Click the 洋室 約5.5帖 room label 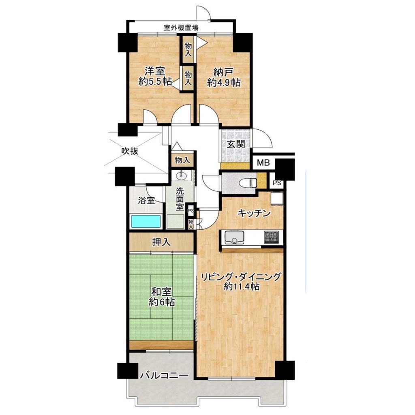tap(155, 76)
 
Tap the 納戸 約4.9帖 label tap(224, 77)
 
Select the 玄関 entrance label tap(236, 144)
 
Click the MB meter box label tap(263, 162)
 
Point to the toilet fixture tap(248, 183)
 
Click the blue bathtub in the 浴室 tap(146, 221)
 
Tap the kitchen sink tap(234, 237)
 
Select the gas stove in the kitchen tap(271, 237)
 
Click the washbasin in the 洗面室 tap(181, 175)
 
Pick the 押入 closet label tap(161, 242)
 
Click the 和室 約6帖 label tap(161, 297)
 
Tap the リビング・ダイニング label tap(241, 277)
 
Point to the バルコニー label tap(165, 375)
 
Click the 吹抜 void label tap(130, 152)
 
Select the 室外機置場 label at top tap(181, 27)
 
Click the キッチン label tap(254, 213)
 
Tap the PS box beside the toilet tap(277, 183)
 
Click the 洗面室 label tap(180, 199)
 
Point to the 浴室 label tap(146, 200)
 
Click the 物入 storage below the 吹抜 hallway tap(183, 160)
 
